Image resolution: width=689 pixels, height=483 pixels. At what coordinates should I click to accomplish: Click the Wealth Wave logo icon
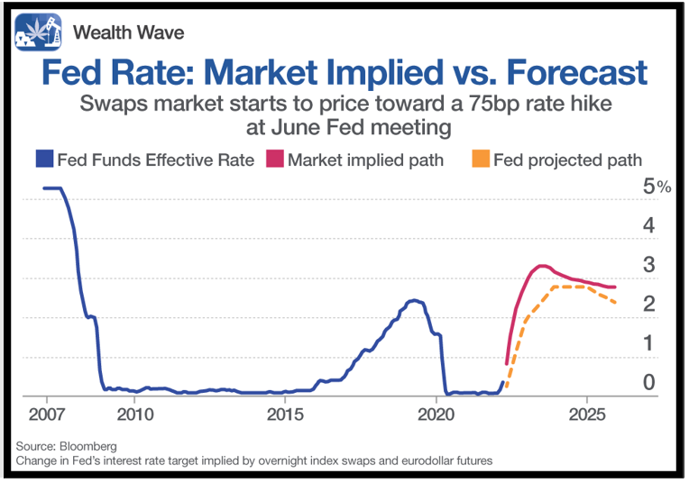pyautogui.click(x=38, y=32)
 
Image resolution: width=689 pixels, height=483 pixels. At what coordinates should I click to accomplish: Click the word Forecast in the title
pyautogui.click(x=577, y=72)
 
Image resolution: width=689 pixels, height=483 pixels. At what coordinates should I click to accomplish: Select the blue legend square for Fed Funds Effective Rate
pyautogui.click(x=44, y=159)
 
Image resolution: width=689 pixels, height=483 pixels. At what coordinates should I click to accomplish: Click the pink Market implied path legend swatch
pyautogui.click(x=275, y=159)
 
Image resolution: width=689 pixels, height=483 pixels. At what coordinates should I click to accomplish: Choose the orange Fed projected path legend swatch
pyautogui.click(x=481, y=159)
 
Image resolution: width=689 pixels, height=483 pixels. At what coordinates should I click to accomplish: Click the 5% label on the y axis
pyautogui.click(x=657, y=187)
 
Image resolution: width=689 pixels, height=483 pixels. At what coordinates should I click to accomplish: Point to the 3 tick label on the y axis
pyautogui.click(x=649, y=265)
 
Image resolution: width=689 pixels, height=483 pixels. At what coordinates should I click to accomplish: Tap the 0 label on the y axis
pyautogui.click(x=649, y=382)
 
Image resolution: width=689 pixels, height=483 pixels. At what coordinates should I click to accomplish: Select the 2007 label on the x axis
pyautogui.click(x=47, y=414)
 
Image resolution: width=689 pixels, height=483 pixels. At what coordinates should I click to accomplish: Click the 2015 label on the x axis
pyautogui.click(x=285, y=414)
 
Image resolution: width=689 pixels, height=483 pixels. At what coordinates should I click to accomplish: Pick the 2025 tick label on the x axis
pyautogui.click(x=587, y=414)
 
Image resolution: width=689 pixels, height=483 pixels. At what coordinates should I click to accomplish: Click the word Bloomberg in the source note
pyautogui.click(x=88, y=447)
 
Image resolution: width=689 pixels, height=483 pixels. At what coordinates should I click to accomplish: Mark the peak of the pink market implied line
pyautogui.click(x=542, y=266)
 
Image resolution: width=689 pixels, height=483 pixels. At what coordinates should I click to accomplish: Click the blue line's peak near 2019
pyautogui.click(x=413, y=300)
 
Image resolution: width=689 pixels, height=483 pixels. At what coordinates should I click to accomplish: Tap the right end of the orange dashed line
pyautogui.click(x=615, y=303)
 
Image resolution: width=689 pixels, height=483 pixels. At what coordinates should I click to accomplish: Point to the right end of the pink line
pyautogui.click(x=614, y=287)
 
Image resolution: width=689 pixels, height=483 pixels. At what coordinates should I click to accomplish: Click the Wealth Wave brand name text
pyautogui.click(x=128, y=32)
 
